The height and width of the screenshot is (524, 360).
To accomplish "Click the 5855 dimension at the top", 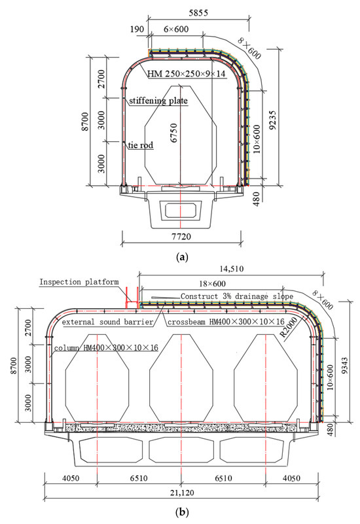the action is coord(198,13).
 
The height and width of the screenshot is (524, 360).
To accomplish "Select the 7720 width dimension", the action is coord(181,237).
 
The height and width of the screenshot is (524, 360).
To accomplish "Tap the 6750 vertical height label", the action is coord(174,133).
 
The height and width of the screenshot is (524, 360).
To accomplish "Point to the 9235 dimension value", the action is coord(273,120).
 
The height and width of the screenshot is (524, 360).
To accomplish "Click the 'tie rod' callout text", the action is coord(140,145).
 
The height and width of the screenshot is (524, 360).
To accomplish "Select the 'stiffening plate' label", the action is coord(158,101).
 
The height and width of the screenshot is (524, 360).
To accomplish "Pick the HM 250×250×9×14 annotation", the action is coord(187,73).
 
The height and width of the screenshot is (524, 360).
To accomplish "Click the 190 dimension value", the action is coord(137,29).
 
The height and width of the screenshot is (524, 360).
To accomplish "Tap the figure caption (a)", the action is coord(182,257).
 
